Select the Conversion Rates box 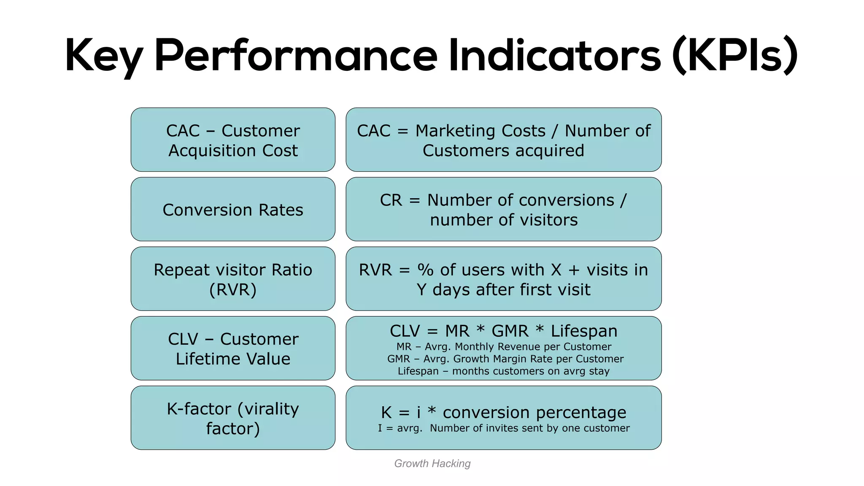click(x=233, y=210)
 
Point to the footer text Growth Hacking click(x=432, y=463)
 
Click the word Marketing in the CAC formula click(x=481, y=131)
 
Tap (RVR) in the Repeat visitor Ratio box click(x=233, y=290)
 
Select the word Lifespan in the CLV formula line click(x=584, y=331)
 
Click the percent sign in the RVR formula click(x=425, y=270)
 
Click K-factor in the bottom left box click(x=199, y=409)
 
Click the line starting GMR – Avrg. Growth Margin click(x=505, y=359)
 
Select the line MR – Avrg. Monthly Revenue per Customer click(x=504, y=347)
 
